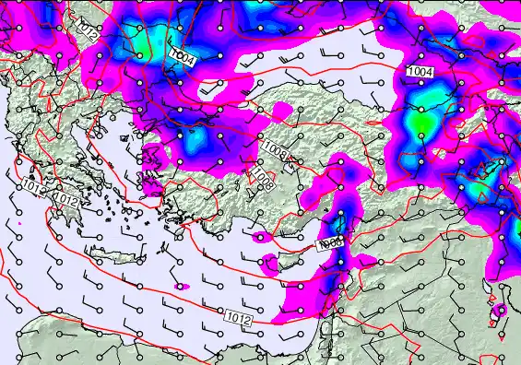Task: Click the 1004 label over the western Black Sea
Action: point(183,58)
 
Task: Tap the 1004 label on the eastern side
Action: point(420,71)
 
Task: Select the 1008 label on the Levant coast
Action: point(329,244)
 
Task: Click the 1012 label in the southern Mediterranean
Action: point(237,318)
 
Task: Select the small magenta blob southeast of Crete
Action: point(183,287)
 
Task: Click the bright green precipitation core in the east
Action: point(420,121)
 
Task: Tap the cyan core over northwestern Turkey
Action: point(196,142)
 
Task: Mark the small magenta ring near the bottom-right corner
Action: point(500,311)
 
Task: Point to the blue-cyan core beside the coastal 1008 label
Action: point(339,223)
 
